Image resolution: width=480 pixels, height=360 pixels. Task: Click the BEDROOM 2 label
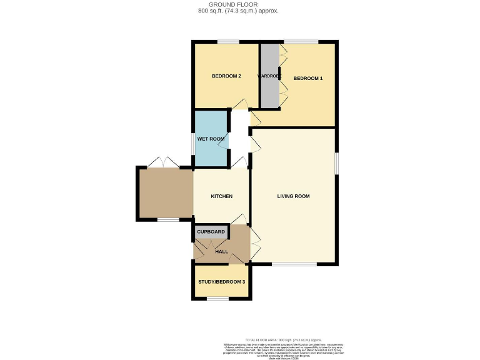[x=226, y=76]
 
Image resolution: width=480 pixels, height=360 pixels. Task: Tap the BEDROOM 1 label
[x=307, y=78]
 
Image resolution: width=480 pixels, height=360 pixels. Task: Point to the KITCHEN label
[x=221, y=196]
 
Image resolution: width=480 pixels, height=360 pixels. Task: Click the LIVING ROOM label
[x=293, y=196]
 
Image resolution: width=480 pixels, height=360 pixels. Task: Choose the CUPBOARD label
[x=211, y=232]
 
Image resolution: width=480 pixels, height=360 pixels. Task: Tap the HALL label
[x=221, y=251]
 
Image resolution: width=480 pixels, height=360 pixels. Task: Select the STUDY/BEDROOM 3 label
[x=221, y=282]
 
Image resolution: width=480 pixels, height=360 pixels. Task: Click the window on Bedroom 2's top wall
[x=228, y=42]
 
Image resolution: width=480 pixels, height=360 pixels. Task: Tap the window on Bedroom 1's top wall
[x=301, y=42]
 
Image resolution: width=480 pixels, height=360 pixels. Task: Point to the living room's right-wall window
[x=336, y=163]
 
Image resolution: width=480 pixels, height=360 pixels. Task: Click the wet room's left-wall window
[x=193, y=142]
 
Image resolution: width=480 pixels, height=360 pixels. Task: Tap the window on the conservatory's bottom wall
[x=167, y=219]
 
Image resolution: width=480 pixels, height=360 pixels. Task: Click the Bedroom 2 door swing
[x=238, y=104]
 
